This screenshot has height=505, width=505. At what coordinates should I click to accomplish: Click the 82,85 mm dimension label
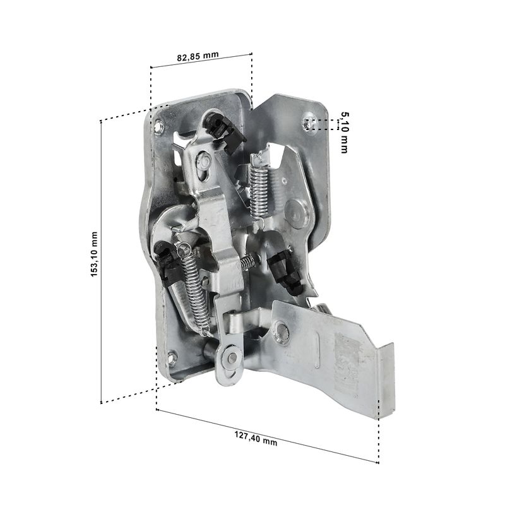tap(198, 56)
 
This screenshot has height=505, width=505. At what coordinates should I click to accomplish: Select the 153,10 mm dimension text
tap(93, 254)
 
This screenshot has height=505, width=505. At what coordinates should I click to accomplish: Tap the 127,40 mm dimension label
tap(256, 438)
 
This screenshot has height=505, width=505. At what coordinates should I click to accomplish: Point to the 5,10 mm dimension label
tap(345, 133)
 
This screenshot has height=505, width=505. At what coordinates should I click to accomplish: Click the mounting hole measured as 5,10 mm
tap(308, 123)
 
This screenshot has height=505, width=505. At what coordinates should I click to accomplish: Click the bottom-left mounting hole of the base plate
tap(172, 357)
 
